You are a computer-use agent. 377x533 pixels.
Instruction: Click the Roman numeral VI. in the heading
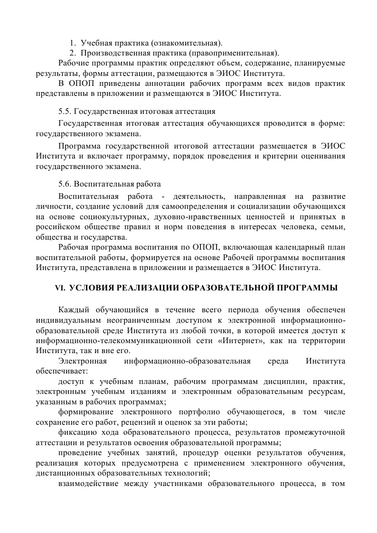(x=60, y=288)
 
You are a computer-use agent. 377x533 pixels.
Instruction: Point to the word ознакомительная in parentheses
(x=188, y=44)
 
